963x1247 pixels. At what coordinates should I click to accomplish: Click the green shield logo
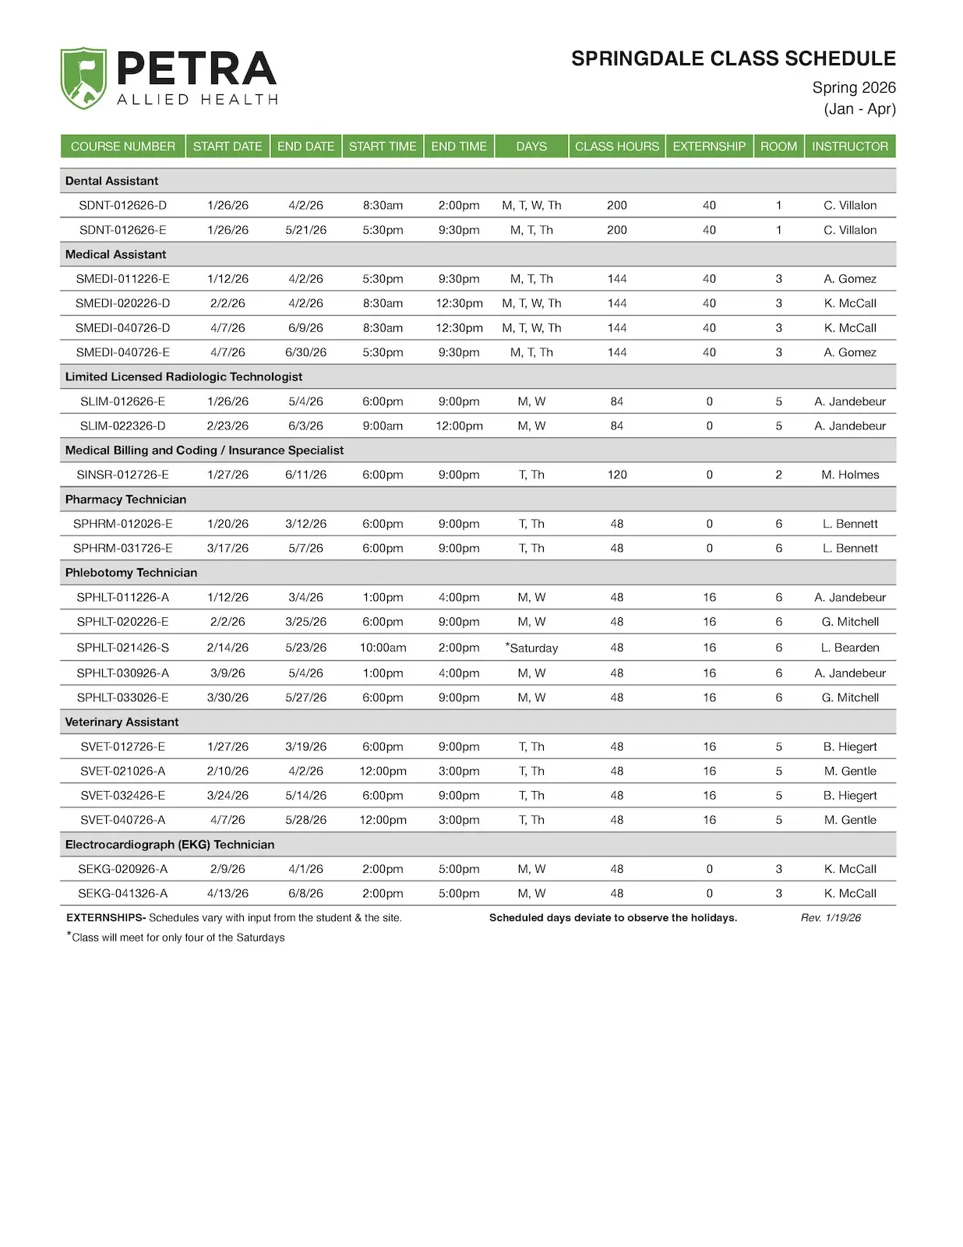83,78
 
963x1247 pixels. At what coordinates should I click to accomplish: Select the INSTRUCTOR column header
849,147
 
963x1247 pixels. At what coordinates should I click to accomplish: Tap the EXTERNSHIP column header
709,147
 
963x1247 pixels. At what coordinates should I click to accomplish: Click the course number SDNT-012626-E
122,230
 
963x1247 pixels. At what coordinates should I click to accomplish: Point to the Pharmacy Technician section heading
125,499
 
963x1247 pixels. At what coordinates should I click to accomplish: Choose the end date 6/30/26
305,352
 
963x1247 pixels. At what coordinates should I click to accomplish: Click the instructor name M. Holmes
850,475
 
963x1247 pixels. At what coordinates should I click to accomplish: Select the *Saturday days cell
532,648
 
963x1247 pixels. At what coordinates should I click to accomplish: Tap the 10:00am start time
383,648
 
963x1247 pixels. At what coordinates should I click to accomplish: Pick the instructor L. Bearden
850,648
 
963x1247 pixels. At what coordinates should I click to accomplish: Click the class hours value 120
617,475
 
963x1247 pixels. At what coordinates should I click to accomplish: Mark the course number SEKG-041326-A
122,893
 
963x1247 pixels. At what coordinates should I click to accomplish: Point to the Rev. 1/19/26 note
831,918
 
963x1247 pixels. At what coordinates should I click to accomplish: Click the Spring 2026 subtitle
854,87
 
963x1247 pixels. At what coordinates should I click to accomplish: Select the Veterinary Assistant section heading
122,722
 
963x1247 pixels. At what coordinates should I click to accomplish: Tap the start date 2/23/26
228,426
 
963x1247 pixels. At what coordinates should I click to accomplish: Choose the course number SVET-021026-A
122,771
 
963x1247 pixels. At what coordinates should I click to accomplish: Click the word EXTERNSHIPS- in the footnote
106,918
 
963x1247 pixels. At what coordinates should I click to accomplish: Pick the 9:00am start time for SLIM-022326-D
383,426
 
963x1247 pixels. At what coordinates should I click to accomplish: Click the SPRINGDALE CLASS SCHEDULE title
733,58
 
